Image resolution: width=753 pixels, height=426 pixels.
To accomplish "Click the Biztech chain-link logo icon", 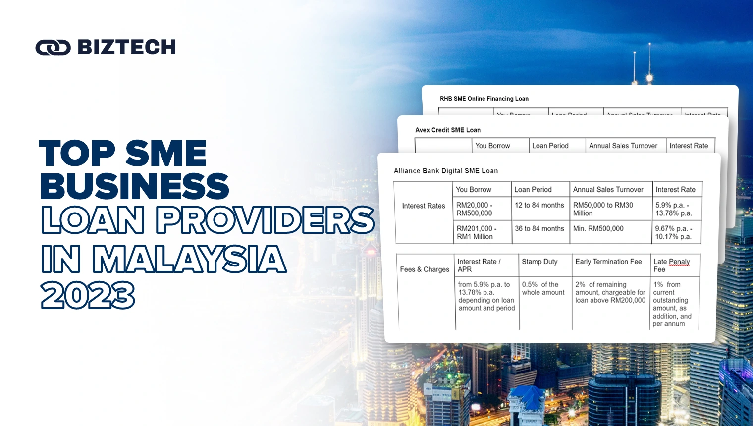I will [53, 48].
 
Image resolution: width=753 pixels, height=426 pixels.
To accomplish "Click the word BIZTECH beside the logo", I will [127, 48].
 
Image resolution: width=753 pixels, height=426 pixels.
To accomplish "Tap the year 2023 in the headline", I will [88, 295].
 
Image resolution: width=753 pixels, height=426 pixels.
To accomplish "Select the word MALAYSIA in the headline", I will [189, 259].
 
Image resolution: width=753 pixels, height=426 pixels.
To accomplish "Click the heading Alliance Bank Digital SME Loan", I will [446, 171].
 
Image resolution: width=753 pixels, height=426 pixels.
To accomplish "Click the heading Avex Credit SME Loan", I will [448, 130].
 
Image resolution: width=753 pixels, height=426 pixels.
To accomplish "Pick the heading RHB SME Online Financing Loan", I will [484, 99].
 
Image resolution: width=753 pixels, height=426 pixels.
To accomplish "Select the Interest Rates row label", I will [424, 206].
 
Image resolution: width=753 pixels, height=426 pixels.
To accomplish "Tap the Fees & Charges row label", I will [425, 269].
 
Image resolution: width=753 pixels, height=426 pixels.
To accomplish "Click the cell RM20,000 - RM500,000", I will [474, 209].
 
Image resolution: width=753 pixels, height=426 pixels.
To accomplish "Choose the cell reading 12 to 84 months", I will [539, 205].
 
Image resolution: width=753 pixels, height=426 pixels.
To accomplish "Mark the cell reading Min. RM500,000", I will [598, 229].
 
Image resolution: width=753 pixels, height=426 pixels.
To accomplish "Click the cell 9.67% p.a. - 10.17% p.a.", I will [673, 233].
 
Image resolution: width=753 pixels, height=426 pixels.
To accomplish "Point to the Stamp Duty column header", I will [539, 262].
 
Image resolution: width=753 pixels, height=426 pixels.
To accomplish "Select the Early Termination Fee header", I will [608, 262].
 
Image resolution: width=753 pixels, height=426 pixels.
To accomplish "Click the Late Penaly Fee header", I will [671, 266].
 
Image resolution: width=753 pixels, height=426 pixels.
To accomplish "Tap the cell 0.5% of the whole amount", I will [543, 289].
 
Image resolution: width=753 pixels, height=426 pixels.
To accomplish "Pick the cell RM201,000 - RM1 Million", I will [476, 233].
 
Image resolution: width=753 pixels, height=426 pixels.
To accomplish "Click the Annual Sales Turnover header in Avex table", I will [623, 146].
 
